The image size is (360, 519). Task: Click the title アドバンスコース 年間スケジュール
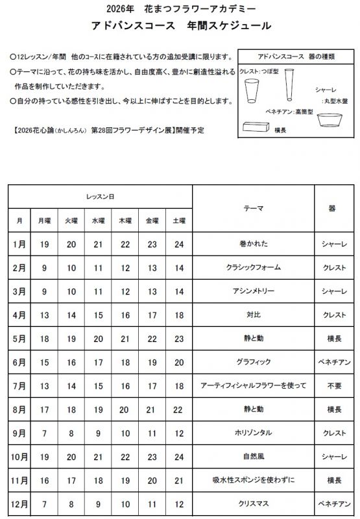pos(180,27)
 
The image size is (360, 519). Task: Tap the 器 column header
pos(332,209)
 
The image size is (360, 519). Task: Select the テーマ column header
pos(253,209)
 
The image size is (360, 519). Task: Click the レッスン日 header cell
pos(101,195)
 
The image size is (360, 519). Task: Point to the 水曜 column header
pos(98,221)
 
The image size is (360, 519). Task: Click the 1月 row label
pos(19,245)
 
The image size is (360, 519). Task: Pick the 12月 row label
pos(19,503)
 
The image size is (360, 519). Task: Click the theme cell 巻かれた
pos(253,245)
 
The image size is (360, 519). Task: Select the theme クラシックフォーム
pos(253,268)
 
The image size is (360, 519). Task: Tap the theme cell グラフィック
pos(253,362)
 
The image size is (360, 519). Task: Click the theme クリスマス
pos(253,503)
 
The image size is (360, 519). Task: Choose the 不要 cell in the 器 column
pos(332,385)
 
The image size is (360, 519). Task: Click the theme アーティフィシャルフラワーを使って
pos(253,385)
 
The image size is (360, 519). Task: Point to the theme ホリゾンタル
pos(253,433)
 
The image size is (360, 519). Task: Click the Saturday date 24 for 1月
pos(179,245)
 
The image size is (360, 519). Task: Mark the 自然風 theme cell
pos(253,456)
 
